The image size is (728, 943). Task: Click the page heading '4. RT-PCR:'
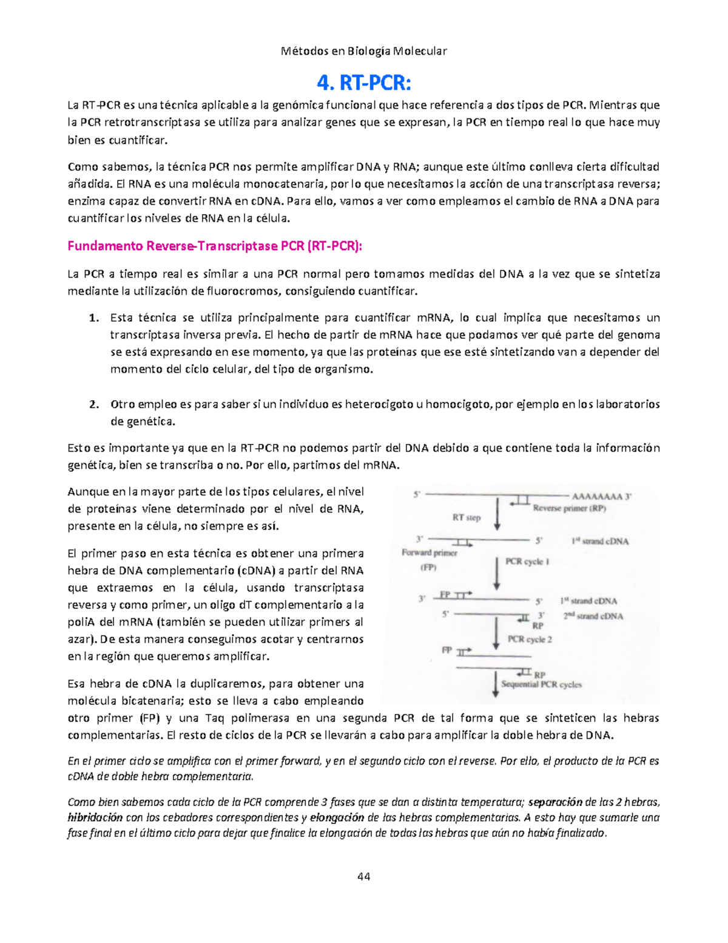point(364,81)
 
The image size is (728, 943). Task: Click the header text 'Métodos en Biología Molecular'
point(364,51)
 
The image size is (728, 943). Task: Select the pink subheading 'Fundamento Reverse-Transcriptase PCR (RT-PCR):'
point(215,247)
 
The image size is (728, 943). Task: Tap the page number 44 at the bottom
point(364,876)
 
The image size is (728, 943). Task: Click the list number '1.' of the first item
point(93,318)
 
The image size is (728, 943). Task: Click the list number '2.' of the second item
point(93,404)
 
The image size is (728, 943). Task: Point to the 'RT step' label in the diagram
point(466,518)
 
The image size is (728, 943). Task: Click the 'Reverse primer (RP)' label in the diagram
point(569,509)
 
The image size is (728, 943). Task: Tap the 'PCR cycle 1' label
point(527,562)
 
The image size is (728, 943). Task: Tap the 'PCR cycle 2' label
point(529,639)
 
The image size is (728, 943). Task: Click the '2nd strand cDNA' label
point(593,616)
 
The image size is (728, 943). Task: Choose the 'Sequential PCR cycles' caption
point(541,684)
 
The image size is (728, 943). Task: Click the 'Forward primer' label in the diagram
point(429,553)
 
